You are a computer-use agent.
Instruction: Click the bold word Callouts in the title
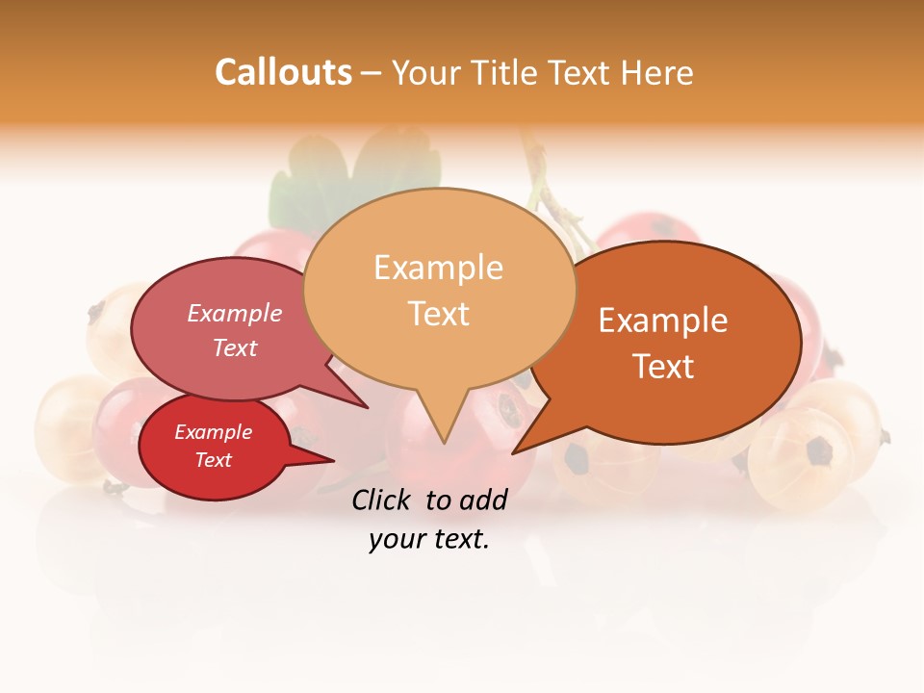[283, 72]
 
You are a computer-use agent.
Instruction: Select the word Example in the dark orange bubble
[663, 321]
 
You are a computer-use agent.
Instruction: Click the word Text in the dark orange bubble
[663, 367]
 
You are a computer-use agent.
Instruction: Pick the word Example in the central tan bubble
[438, 268]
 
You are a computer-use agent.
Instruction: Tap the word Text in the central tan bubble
[438, 314]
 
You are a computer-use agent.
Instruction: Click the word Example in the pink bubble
[235, 313]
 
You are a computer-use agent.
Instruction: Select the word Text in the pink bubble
[235, 347]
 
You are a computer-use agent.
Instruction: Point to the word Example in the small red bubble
[213, 432]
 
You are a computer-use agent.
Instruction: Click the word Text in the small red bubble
[213, 460]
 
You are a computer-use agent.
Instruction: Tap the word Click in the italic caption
[384, 500]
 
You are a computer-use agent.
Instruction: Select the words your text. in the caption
[429, 540]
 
